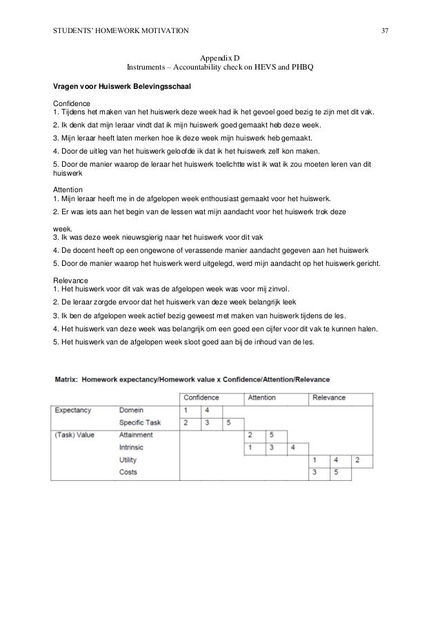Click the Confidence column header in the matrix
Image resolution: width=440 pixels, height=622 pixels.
point(201,397)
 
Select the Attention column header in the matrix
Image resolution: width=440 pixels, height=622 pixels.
point(261,397)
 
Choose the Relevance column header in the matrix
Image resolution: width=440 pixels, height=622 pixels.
point(330,397)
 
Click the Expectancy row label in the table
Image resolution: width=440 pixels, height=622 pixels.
point(73,410)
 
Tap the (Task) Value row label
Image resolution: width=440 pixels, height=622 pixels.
point(76,435)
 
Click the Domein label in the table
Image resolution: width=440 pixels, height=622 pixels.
point(132,410)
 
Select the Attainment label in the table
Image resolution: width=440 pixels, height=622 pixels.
point(136,435)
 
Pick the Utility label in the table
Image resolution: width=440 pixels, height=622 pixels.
point(128,459)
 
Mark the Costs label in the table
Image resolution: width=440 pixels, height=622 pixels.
point(128,472)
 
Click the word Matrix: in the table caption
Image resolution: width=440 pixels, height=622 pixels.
point(68,379)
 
